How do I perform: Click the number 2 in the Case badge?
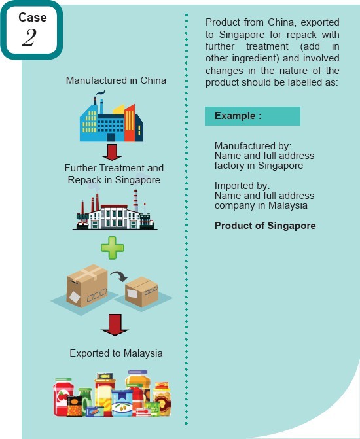pyautogui.click(x=29, y=38)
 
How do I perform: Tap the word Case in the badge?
pyautogui.click(x=33, y=18)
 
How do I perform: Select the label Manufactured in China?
pyautogui.click(x=116, y=80)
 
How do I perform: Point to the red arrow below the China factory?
pyautogui.click(x=112, y=152)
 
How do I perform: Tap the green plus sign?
pyautogui.click(x=113, y=248)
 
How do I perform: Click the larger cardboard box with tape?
pyautogui.click(x=87, y=285)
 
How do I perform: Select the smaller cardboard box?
pyautogui.click(x=142, y=292)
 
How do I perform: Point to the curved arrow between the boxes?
pyautogui.click(x=118, y=276)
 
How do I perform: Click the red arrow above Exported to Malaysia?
pyautogui.click(x=115, y=325)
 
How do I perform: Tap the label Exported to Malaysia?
pyautogui.click(x=116, y=353)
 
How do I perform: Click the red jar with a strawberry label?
pyautogui.click(x=63, y=396)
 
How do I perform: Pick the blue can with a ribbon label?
pyautogui.click(x=122, y=402)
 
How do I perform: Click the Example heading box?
pyautogui.click(x=253, y=116)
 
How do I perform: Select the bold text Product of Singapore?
pyautogui.click(x=265, y=226)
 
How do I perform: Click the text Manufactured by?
pyautogui.click(x=253, y=146)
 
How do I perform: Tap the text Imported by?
pyautogui.click(x=242, y=186)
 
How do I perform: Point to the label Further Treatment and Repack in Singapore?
pyautogui.click(x=114, y=174)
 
